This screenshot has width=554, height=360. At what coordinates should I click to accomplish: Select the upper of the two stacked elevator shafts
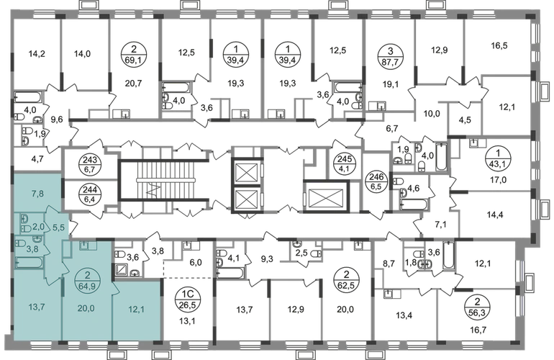246,171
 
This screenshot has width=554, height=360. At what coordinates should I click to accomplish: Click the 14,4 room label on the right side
492,212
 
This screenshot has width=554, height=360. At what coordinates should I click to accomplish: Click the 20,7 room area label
131,84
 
